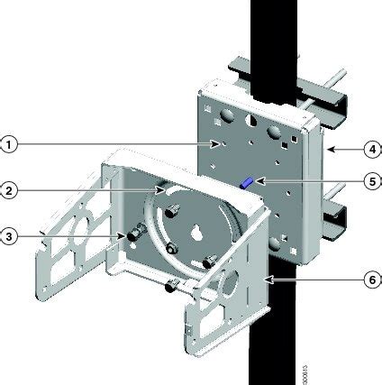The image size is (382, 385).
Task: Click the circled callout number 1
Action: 10,143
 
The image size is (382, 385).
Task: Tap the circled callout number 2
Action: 10,190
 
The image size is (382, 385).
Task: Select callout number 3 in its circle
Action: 10,236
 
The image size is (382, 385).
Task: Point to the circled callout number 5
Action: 369,180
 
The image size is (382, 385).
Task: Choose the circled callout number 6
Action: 369,280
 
